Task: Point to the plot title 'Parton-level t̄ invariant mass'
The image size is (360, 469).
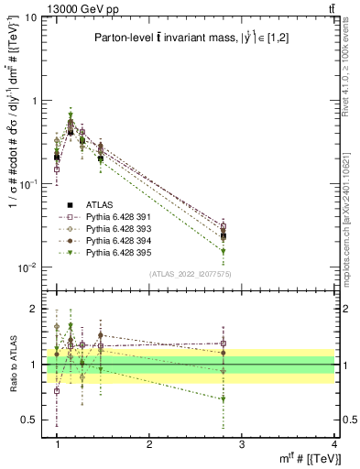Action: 165,38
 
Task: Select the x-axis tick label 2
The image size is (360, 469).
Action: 149,443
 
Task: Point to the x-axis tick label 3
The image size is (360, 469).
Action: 242,443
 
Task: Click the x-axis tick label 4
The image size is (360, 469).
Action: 334,443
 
